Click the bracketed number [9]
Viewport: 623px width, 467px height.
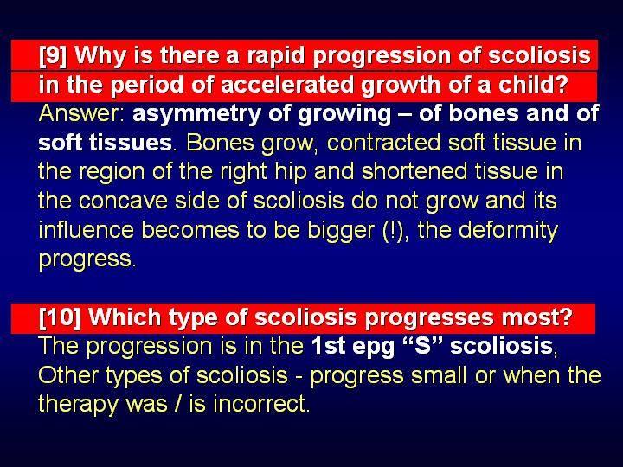click(x=53, y=55)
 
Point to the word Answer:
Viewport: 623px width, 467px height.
click(x=83, y=114)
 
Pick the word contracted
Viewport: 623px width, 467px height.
click(x=383, y=143)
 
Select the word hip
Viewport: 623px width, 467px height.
click(x=292, y=172)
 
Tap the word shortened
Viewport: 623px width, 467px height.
click(x=414, y=171)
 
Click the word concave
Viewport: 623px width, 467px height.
click(x=123, y=202)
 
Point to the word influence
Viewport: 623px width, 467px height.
click(x=87, y=230)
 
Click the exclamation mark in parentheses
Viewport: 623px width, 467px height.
click(x=395, y=230)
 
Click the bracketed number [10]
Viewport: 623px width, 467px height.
click(x=60, y=317)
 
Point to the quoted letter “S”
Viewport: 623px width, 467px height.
click(x=423, y=345)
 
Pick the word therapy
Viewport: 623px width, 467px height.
click(x=78, y=404)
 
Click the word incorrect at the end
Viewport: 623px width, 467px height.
click(x=261, y=404)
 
